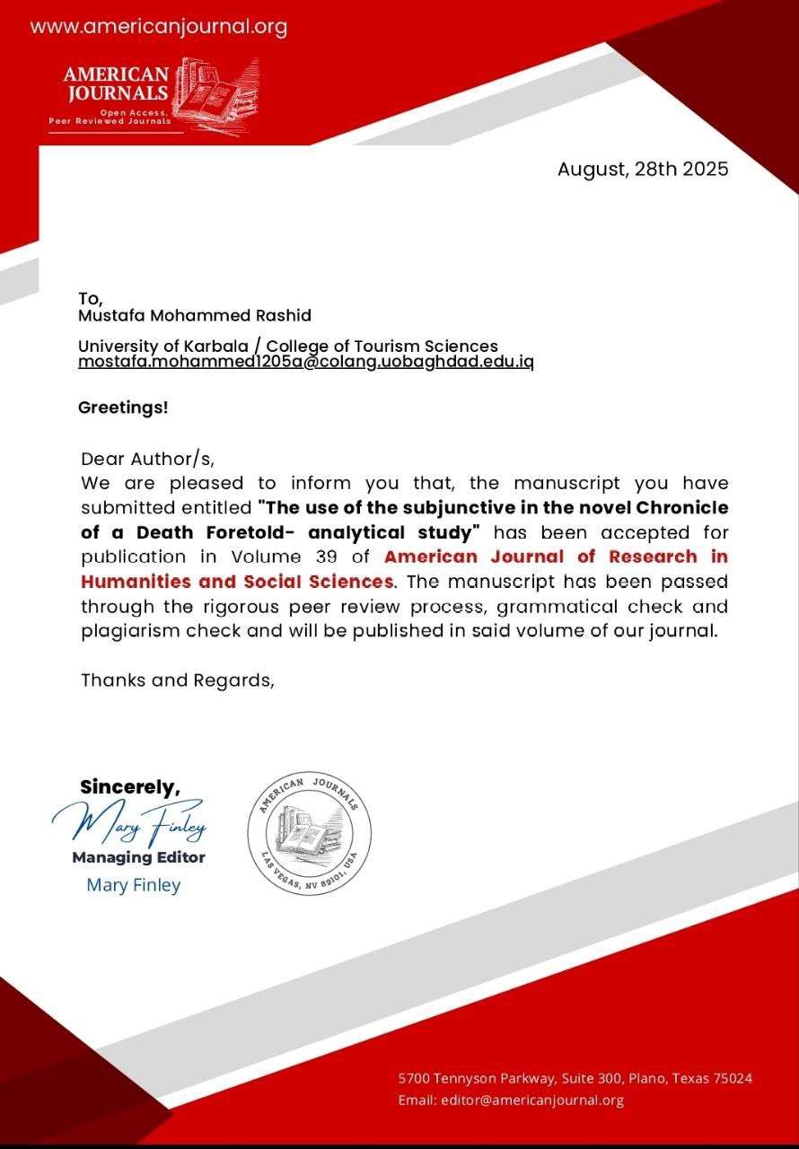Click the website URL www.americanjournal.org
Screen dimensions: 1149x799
(x=159, y=27)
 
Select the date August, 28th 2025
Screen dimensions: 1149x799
(x=642, y=169)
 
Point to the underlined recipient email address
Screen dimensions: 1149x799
(x=305, y=362)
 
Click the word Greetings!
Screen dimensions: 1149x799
(x=123, y=407)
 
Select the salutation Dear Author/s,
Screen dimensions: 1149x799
(x=148, y=460)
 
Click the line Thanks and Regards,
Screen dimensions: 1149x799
(x=177, y=680)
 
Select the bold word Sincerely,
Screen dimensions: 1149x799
(x=130, y=786)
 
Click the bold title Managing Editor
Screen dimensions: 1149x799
(x=138, y=857)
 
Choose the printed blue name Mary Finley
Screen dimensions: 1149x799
(x=133, y=885)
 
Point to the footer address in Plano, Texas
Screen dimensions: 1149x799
(x=575, y=1078)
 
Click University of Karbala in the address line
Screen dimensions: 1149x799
(x=149, y=346)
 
